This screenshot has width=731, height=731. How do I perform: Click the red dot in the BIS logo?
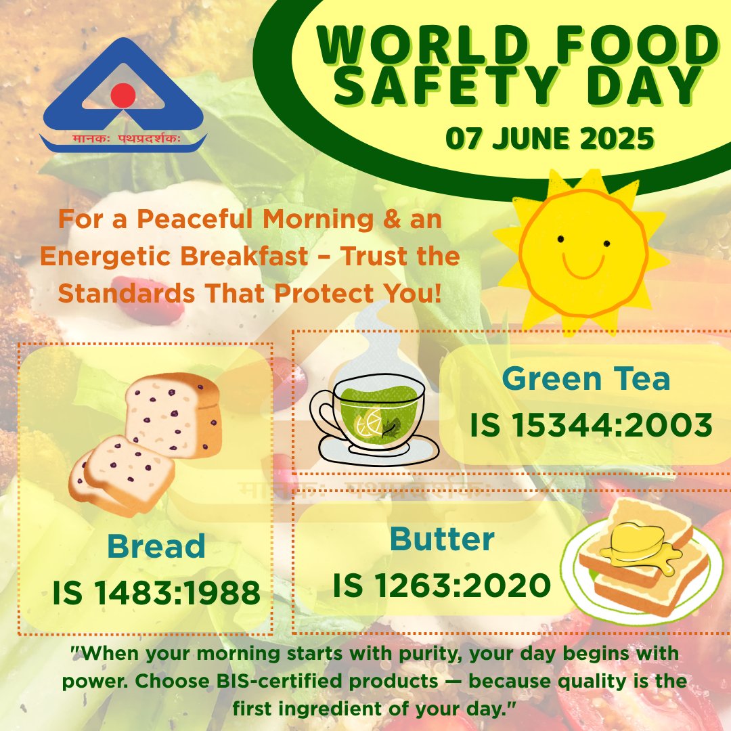tap(123, 95)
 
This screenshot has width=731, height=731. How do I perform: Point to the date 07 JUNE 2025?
tap(550, 139)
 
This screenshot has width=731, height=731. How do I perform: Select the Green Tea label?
tap(586, 379)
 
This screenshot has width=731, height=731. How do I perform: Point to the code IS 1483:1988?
tap(156, 594)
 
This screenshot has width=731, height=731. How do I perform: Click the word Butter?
tap(442, 539)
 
